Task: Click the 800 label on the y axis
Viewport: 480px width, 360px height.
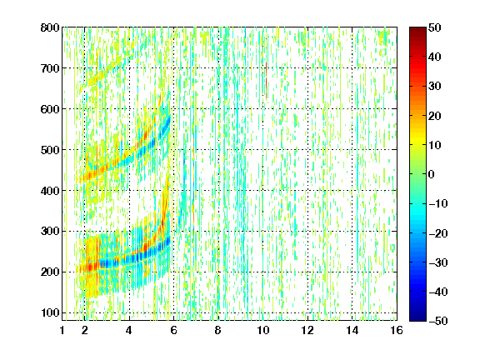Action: pos(50,27)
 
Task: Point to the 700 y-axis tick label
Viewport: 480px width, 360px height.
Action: pos(50,68)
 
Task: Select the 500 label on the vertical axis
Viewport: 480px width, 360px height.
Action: pos(50,150)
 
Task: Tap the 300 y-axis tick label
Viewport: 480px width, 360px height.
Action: pos(50,232)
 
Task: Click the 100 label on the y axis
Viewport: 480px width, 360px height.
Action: pos(50,312)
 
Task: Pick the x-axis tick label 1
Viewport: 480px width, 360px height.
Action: pos(62,330)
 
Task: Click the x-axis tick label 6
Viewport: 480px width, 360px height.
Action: pos(173,330)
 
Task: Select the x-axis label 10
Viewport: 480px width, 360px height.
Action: pos(263,330)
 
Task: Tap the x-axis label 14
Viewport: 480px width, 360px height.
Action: pos(352,330)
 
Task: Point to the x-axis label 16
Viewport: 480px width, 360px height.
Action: pos(397,330)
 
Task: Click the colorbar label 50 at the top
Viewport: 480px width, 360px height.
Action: pos(435,27)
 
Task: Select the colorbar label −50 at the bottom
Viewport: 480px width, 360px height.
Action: pos(438,321)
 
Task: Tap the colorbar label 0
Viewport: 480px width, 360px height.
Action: pos(432,174)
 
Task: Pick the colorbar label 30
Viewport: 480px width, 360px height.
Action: pos(435,87)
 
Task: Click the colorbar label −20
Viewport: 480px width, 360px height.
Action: pos(438,233)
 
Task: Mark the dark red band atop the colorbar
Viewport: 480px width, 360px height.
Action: pos(417,33)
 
